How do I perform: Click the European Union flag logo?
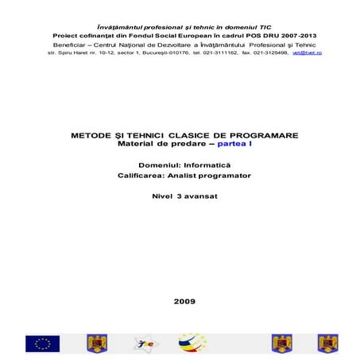click(x=42, y=343)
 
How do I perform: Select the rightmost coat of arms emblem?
click(x=326, y=343)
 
